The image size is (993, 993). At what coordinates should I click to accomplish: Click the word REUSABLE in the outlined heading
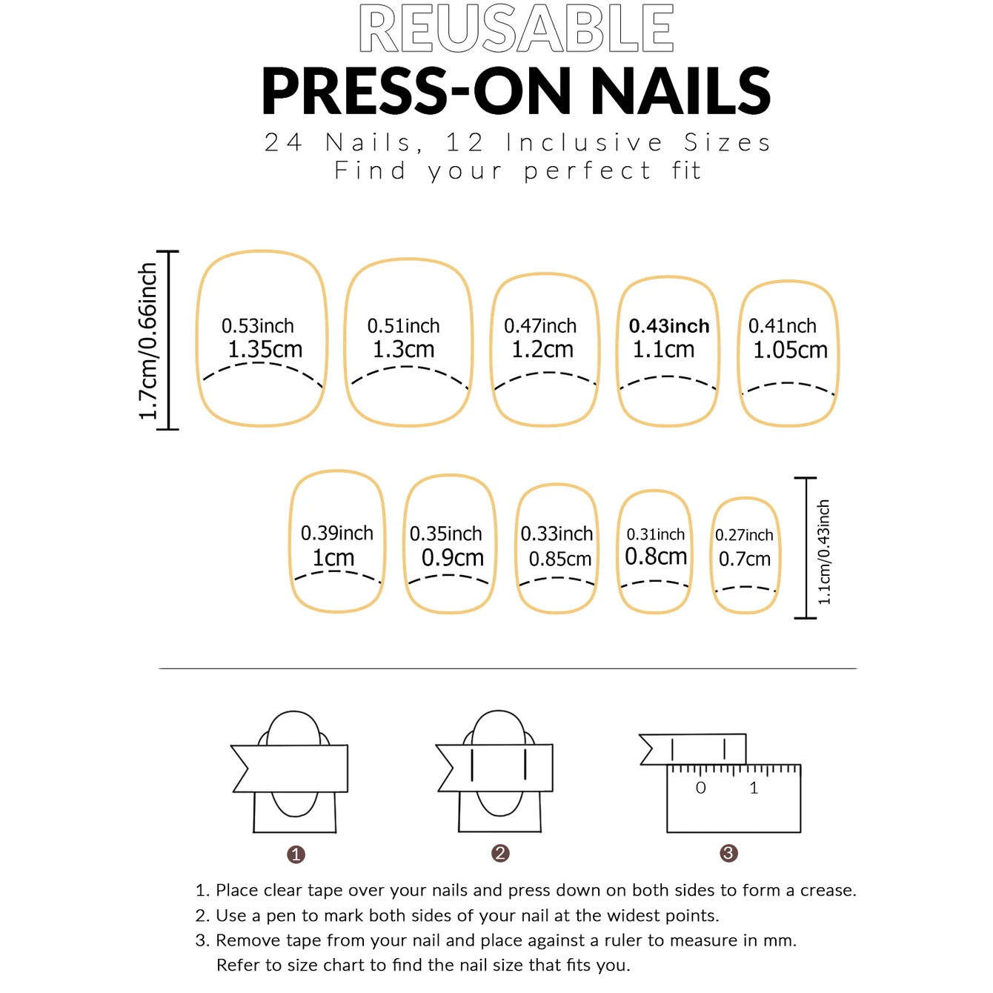pos(516,28)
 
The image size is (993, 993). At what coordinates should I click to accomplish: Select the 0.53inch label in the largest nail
pos(258,325)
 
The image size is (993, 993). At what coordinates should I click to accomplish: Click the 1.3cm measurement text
pos(403,349)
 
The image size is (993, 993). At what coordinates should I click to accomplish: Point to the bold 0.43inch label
pos(669,325)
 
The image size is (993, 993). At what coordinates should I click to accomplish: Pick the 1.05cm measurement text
pos(790,350)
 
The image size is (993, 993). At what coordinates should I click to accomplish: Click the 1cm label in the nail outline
pos(333,557)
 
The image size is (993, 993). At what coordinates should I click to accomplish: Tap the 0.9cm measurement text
pos(453,557)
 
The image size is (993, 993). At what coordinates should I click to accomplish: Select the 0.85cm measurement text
pos(560,559)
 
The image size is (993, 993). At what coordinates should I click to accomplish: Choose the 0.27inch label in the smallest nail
pos(744,535)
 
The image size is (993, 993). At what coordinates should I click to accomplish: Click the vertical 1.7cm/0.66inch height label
pos(147,341)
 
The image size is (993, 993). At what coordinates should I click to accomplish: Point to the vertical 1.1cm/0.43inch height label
pos(824,552)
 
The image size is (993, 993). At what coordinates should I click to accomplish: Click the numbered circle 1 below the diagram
pos(296,855)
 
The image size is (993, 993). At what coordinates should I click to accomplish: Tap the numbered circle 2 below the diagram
pos(500,854)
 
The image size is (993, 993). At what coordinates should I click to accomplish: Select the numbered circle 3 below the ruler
pos(728,854)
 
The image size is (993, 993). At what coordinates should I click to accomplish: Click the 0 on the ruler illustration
pos(701,788)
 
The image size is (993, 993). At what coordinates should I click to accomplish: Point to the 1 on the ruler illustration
pos(754,788)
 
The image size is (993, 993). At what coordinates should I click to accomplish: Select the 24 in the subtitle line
pos(283,142)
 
